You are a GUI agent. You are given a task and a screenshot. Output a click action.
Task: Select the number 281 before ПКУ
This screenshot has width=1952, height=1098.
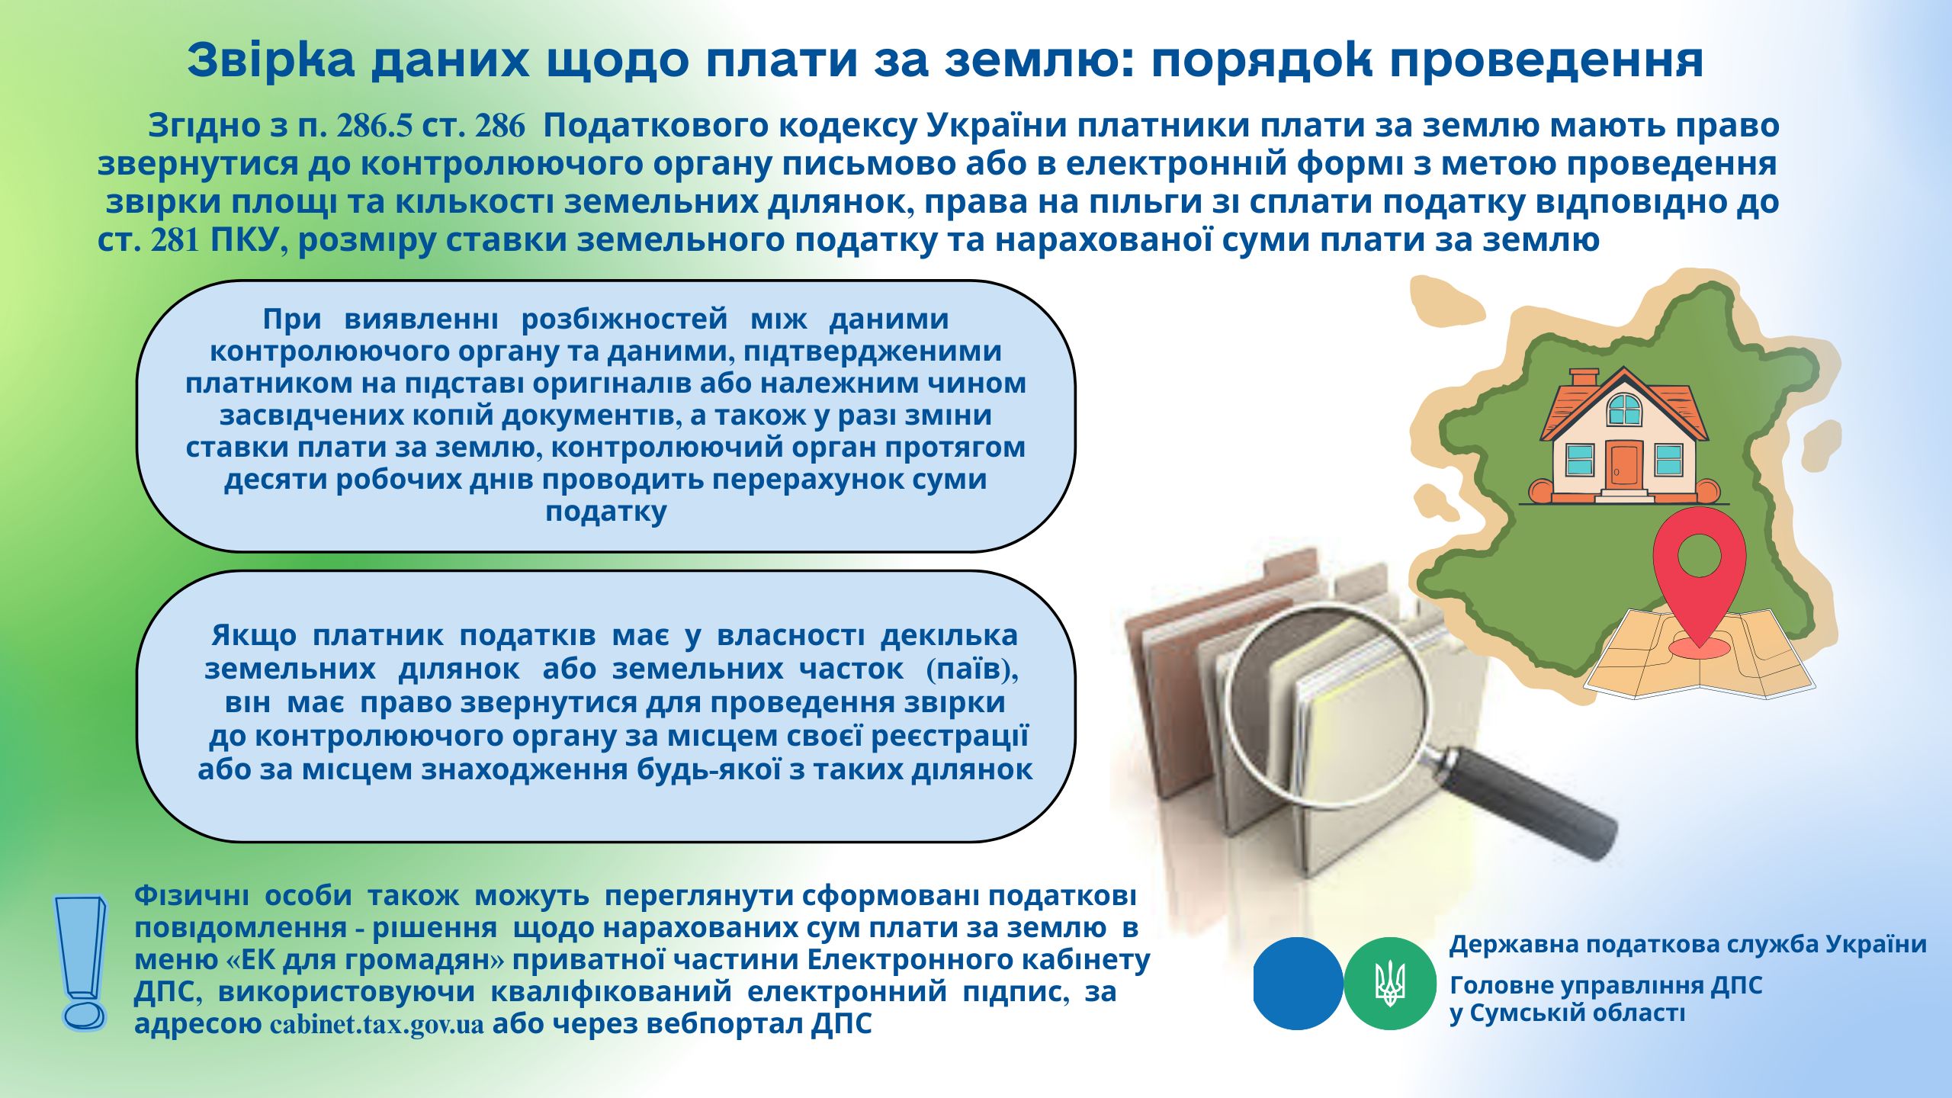175,241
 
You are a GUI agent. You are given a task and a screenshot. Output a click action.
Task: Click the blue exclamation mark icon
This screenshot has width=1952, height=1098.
80,962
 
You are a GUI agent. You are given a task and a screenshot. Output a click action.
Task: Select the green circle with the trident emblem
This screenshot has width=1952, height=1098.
1390,983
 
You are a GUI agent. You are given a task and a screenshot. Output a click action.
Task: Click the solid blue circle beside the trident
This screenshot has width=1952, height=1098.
1298,983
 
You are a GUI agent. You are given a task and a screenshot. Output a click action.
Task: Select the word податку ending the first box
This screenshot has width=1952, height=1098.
605,512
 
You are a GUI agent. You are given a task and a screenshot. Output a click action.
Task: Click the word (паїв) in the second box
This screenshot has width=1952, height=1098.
973,669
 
